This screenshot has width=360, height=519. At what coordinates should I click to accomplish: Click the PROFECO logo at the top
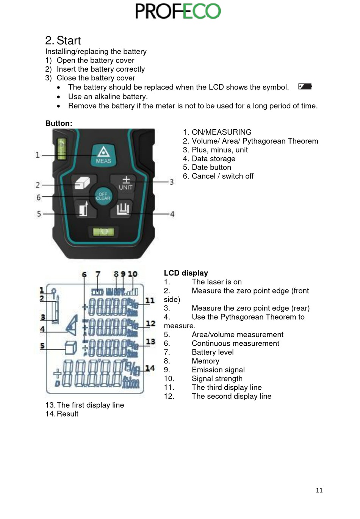pos(178,11)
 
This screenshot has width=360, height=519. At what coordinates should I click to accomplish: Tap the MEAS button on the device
pos(103,155)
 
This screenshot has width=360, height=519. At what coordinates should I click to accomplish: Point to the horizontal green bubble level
pos(103,231)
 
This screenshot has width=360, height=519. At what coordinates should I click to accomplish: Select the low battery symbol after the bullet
pos(305,86)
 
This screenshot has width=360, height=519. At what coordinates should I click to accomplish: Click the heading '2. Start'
pos(63,41)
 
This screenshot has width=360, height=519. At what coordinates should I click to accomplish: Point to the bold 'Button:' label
pos(59,123)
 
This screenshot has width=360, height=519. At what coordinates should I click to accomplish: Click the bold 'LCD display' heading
pos(186,273)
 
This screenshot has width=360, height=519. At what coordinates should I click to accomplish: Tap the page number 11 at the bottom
pos(319,490)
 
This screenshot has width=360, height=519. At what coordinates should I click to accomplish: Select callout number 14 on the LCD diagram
pos(150,368)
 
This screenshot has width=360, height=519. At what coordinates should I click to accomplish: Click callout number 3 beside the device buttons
pos(171,182)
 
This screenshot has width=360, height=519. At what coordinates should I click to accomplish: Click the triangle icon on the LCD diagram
pos(72,325)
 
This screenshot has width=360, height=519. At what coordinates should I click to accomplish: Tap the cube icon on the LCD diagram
pos(70,348)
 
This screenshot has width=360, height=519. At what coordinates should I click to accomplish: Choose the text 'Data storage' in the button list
pos(213,158)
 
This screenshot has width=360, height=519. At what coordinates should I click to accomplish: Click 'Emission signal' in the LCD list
pos(218,370)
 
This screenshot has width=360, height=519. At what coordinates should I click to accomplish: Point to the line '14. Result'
pos(62,414)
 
